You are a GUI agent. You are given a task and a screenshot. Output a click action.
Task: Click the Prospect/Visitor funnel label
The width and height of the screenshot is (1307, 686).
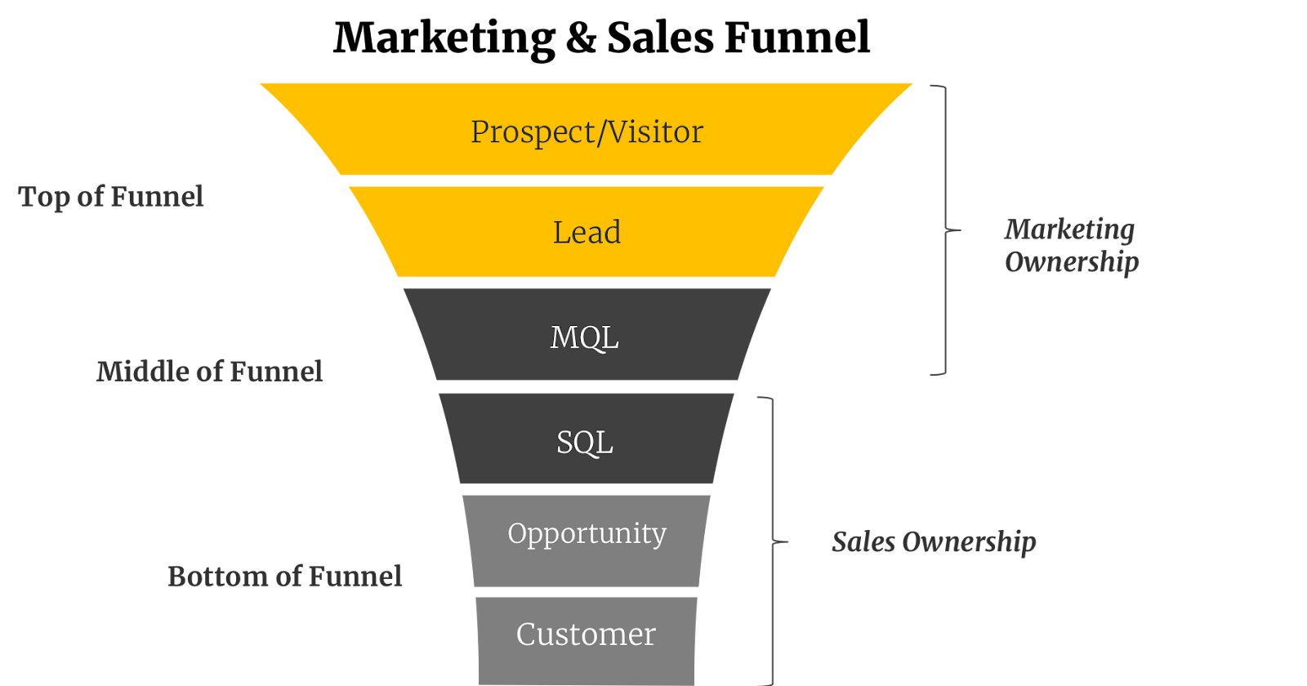coord(587,131)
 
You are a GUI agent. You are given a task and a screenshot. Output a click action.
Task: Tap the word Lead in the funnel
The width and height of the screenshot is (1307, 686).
coord(587,233)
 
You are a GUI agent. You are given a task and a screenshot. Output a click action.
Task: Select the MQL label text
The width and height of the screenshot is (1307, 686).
coord(584,337)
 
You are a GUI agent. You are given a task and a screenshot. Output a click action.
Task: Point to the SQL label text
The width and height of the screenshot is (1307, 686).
coord(584,443)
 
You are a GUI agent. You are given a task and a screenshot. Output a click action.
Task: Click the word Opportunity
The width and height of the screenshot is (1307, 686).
coord(587,534)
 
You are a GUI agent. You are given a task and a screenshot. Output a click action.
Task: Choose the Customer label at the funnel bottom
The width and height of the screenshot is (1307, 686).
coord(586,635)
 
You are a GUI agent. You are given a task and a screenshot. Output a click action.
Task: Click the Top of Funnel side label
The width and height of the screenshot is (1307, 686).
coord(111,197)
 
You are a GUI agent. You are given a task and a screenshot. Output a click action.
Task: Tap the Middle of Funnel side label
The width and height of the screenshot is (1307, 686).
coord(209,372)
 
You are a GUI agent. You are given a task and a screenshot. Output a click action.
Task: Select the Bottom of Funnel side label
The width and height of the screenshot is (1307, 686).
coord(284,577)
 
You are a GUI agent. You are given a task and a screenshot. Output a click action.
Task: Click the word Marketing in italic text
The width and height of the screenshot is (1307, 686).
coord(1069,230)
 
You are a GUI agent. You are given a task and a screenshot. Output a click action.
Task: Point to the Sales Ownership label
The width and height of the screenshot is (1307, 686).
coord(934,542)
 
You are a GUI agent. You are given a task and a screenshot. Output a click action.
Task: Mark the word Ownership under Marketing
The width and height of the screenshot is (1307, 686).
coord(1072,263)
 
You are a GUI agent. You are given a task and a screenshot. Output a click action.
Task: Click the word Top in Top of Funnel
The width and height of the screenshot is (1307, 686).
coord(44,198)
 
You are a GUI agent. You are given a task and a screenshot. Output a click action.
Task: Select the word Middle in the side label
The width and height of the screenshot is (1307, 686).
coord(142,372)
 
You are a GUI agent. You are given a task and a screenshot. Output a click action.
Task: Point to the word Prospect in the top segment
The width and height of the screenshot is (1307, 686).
coord(533,132)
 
